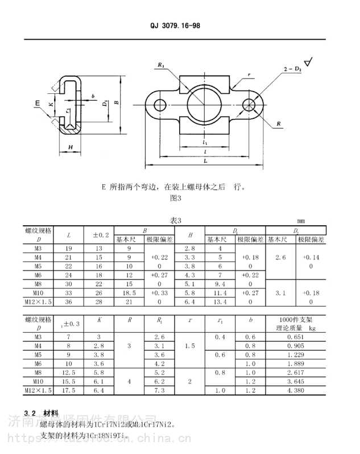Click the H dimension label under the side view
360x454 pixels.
71,147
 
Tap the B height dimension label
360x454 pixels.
116,103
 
